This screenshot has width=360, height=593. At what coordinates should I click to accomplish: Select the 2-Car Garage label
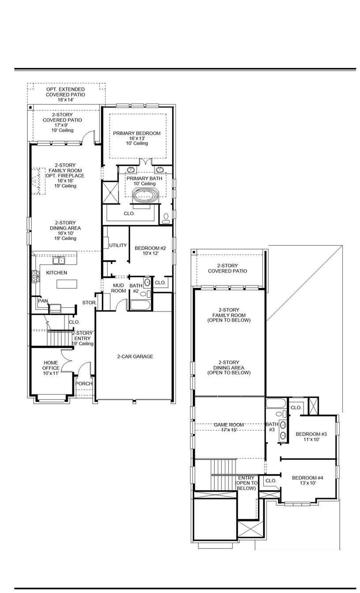[x=135, y=357]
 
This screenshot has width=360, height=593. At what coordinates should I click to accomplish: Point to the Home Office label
[x=51, y=368]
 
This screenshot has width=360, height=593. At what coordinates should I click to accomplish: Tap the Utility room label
[x=118, y=245]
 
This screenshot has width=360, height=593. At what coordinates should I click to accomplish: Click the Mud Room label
[x=118, y=288]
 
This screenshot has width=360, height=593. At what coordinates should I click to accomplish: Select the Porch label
[x=84, y=383]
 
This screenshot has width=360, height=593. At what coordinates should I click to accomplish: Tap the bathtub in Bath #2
[x=140, y=305]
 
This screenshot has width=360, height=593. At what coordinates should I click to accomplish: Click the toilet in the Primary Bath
[x=166, y=218]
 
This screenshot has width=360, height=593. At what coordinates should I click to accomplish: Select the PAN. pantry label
[x=43, y=301]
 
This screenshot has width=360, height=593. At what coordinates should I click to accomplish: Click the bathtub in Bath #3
[x=276, y=403]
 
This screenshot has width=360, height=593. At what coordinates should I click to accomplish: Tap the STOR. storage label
[x=89, y=303]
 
